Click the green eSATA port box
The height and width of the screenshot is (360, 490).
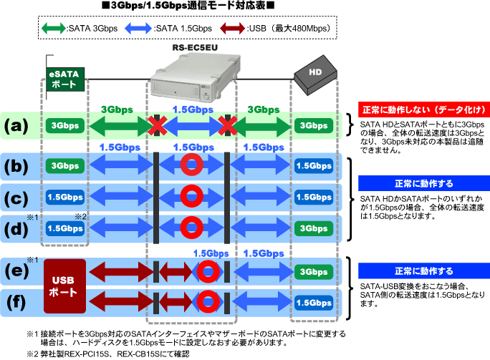pyautogui.click(x=65, y=79)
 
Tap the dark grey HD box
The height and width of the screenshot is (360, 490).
pyautogui.click(x=315, y=75)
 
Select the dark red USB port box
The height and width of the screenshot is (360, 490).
pyautogui.click(x=64, y=286)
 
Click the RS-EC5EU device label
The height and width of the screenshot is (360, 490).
pyautogui.click(x=195, y=47)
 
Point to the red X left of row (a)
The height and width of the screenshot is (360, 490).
pyautogui.click(x=157, y=125)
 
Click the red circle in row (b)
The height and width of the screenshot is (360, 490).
pyautogui.click(x=191, y=165)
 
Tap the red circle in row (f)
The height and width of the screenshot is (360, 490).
pyautogui.click(x=208, y=301)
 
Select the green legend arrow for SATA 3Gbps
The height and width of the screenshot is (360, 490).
pyautogui.click(x=54, y=29)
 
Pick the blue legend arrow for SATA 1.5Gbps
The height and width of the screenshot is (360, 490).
pyautogui.click(x=138, y=29)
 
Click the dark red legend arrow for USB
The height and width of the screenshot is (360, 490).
pyautogui.click(x=233, y=29)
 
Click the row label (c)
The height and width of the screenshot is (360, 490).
pyautogui.click(x=16, y=198)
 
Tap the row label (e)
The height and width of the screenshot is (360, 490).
pyautogui.click(x=16, y=271)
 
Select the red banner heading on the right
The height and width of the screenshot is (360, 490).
pyautogui.click(x=424, y=110)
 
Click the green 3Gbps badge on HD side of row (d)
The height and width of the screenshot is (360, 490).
pyautogui.click(x=314, y=228)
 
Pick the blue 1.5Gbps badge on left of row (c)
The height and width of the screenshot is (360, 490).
pyautogui.click(x=65, y=198)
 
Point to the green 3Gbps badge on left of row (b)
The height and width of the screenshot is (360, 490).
pyautogui.click(x=65, y=166)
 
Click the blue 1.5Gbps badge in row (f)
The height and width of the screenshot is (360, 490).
pyautogui.click(x=314, y=303)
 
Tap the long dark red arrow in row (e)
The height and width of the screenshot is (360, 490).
pyautogui.click(x=121, y=271)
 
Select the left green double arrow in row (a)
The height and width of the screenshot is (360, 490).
pyautogui.click(x=121, y=126)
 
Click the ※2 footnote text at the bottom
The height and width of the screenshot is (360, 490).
pyautogui.click(x=107, y=354)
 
